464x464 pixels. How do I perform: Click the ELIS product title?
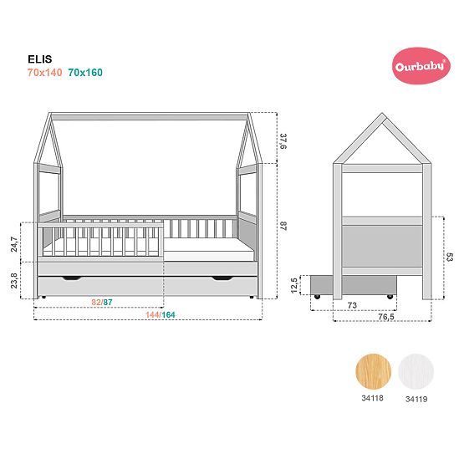click(x=40, y=59)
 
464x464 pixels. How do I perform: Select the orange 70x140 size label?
click(x=44, y=73)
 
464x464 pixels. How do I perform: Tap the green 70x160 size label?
click(x=85, y=73)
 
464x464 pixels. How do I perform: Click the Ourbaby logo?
click(x=421, y=66)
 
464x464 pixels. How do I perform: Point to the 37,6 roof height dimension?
click(x=283, y=141)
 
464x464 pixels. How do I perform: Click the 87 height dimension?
click(x=283, y=226)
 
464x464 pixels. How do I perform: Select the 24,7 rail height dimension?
click(x=14, y=244)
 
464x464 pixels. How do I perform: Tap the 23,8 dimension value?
click(x=14, y=281)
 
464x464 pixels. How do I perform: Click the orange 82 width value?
click(x=96, y=302)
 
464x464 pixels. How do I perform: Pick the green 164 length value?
click(x=168, y=315)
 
